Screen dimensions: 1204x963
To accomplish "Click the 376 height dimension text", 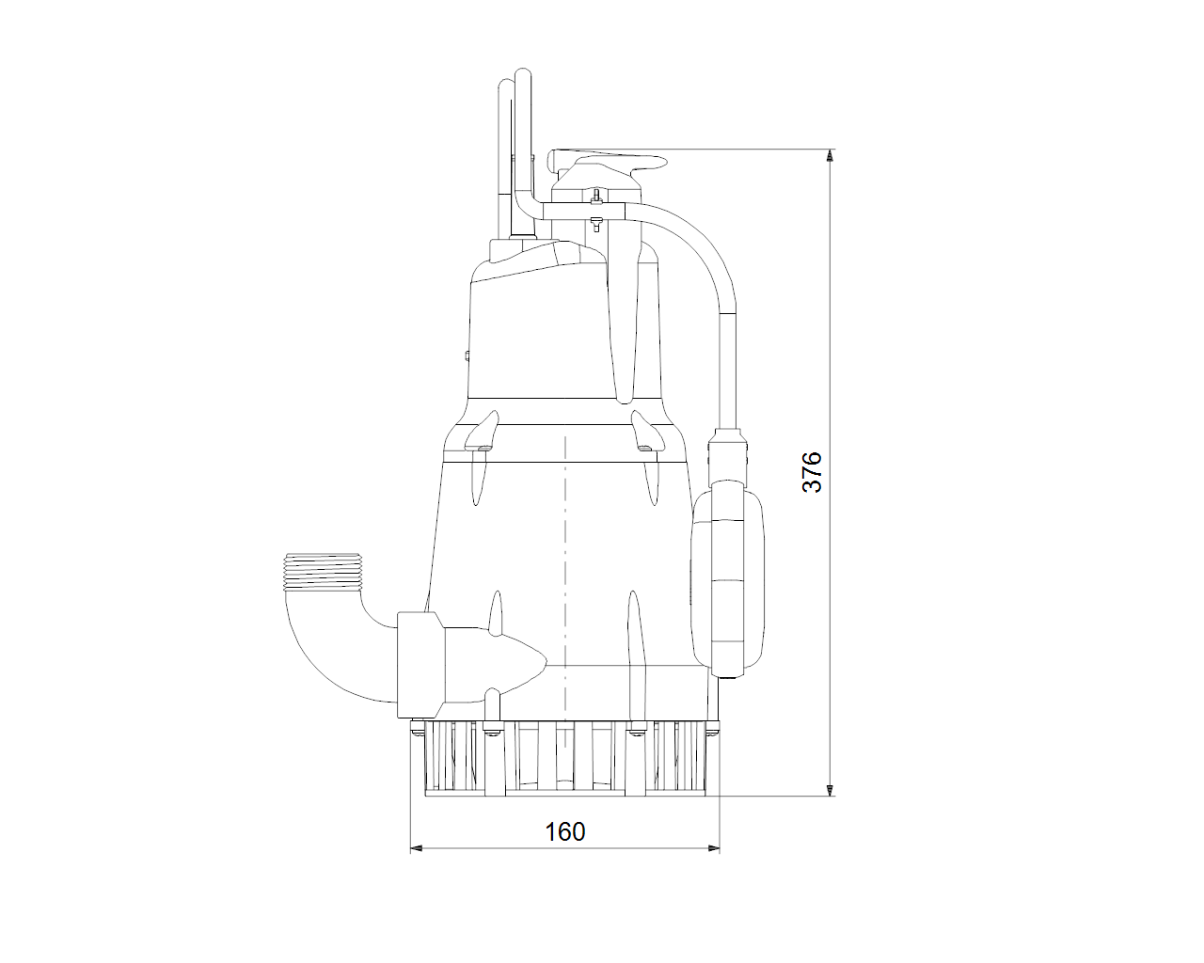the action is pyautogui.click(x=812, y=472).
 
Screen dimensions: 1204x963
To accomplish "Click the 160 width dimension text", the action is pyautogui.click(x=565, y=832).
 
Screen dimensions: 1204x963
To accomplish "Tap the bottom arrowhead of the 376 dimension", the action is pyautogui.click(x=831, y=789).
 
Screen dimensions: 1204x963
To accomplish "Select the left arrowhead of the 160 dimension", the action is pyautogui.click(x=417, y=848).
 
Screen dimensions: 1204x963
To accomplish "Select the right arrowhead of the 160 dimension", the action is pyautogui.click(x=713, y=848).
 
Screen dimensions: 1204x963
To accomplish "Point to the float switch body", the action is pyautogui.click(x=727, y=579).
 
